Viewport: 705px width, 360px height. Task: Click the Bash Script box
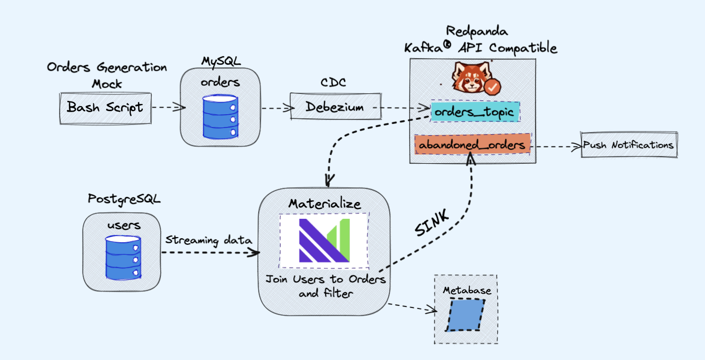(x=106, y=108)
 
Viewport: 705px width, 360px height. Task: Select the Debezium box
(x=336, y=107)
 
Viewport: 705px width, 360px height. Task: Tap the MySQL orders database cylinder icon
(x=220, y=116)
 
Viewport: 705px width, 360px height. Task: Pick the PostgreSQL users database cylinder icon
(x=123, y=259)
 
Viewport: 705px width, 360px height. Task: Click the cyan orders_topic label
(x=475, y=111)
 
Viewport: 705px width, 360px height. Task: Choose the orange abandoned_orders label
(x=472, y=145)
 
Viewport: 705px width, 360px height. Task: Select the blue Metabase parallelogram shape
(x=465, y=315)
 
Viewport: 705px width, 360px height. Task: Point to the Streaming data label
(x=208, y=240)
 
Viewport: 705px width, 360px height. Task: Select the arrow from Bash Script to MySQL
(x=168, y=108)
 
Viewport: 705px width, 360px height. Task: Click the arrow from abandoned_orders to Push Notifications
(x=556, y=146)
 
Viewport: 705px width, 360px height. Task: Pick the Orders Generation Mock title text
(x=107, y=74)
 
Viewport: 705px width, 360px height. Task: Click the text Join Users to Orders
(x=325, y=280)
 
